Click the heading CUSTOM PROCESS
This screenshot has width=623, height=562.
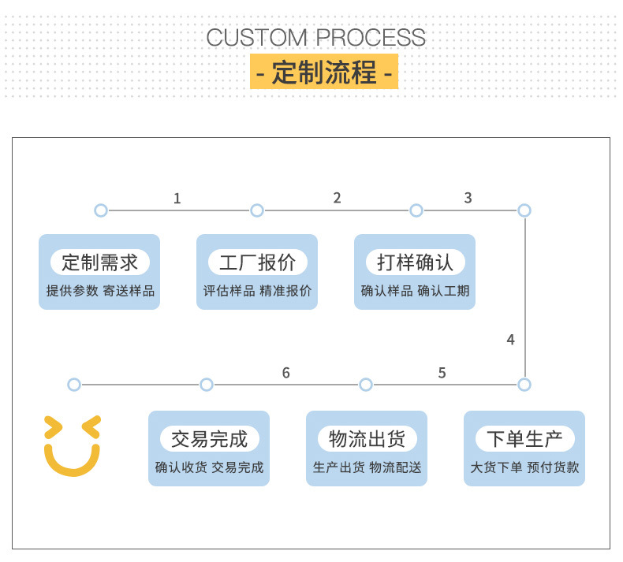pyautogui.click(x=315, y=37)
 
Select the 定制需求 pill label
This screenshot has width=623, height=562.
pyautogui.click(x=99, y=262)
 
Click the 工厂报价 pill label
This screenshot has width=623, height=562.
pyautogui.click(x=257, y=262)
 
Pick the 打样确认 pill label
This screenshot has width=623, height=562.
pyautogui.click(x=415, y=262)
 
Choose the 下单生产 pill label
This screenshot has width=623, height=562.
pyautogui.click(x=524, y=438)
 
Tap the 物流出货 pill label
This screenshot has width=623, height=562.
pyautogui.click(x=367, y=438)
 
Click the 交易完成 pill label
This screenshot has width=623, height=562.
pyautogui.click(x=209, y=438)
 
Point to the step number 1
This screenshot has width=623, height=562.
pyautogui.click(x=177, y=199)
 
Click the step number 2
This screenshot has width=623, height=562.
pyautogui.click(x=337, y=198)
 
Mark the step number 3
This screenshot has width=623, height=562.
pyautogui.click(x=468, y=198)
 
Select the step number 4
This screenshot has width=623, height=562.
pyautogui.click(x=511, y=340)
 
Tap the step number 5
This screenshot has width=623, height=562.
pyautogui.click(x=442, y=373)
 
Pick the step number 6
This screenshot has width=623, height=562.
pyautogui.click(x=285, y=373)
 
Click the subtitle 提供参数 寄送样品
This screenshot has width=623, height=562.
pyautogui.click(x=100, y=291)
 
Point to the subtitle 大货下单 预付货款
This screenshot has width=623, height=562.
pyautogui.click(x=524, y=467)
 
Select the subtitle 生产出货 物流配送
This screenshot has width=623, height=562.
pyautogui.click(x=367, y=467)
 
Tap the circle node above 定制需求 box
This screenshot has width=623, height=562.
pyautogui.click(x=100, y=210)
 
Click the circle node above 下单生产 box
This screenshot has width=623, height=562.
pyautogui.click(x=524, y=385)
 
